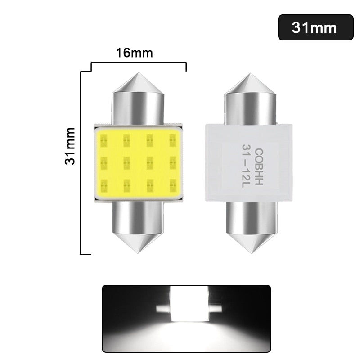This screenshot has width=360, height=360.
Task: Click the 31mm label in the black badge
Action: coord(314,27)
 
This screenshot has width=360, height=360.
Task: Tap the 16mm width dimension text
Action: coord(135,53)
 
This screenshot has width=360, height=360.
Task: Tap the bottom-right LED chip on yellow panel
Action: coord(172,184)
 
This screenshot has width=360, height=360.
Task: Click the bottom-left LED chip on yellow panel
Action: coord(103,184)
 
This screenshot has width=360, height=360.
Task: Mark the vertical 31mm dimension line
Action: coord(81,162)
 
